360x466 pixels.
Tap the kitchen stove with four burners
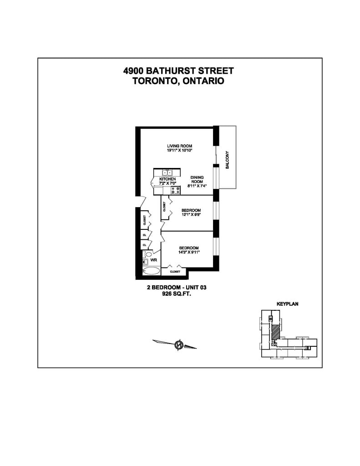[x=175, y=190]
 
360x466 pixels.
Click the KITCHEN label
[x=167, y=179]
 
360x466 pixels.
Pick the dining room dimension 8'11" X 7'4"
[x=197, y=186]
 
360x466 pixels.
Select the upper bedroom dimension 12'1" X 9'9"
[x=191, y=215]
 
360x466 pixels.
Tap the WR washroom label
[x=154, y=260]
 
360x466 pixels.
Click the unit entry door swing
[x=141, y=201]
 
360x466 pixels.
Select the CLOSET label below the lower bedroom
[x=175, y=272]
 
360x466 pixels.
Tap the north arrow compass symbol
[x=178, y=344]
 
